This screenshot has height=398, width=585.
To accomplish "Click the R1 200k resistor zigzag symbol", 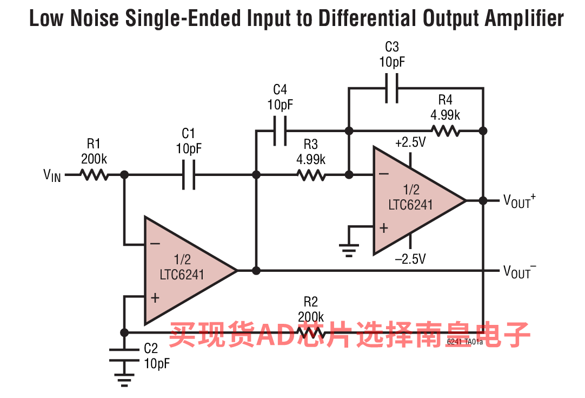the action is coord(94,174).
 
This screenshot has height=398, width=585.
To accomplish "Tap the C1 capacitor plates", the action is coord(189,174).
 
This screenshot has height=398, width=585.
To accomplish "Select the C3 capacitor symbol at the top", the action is coord(392,88).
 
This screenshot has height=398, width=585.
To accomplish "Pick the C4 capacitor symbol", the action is coord(280,131).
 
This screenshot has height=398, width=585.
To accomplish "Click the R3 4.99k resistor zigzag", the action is coord(311,174).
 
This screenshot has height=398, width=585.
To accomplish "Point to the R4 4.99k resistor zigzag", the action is coord(446,131).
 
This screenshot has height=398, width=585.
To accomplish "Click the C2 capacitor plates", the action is coord(124,355).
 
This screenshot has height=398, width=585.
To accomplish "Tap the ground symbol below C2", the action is coord(124,380).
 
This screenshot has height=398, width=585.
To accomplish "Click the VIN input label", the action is coord(52,175).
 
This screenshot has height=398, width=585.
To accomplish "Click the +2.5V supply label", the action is coord(410,142).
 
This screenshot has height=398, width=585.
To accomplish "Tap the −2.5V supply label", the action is coord(410,259).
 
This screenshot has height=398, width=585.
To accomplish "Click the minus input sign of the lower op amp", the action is coord(155,244).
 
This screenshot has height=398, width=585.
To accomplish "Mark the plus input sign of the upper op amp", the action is coord(384,227).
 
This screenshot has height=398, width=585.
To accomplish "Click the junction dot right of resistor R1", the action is coord(124,174).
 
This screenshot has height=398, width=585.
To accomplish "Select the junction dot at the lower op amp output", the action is coord(256,271).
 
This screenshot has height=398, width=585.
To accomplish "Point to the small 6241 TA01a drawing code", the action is coord(464,342).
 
